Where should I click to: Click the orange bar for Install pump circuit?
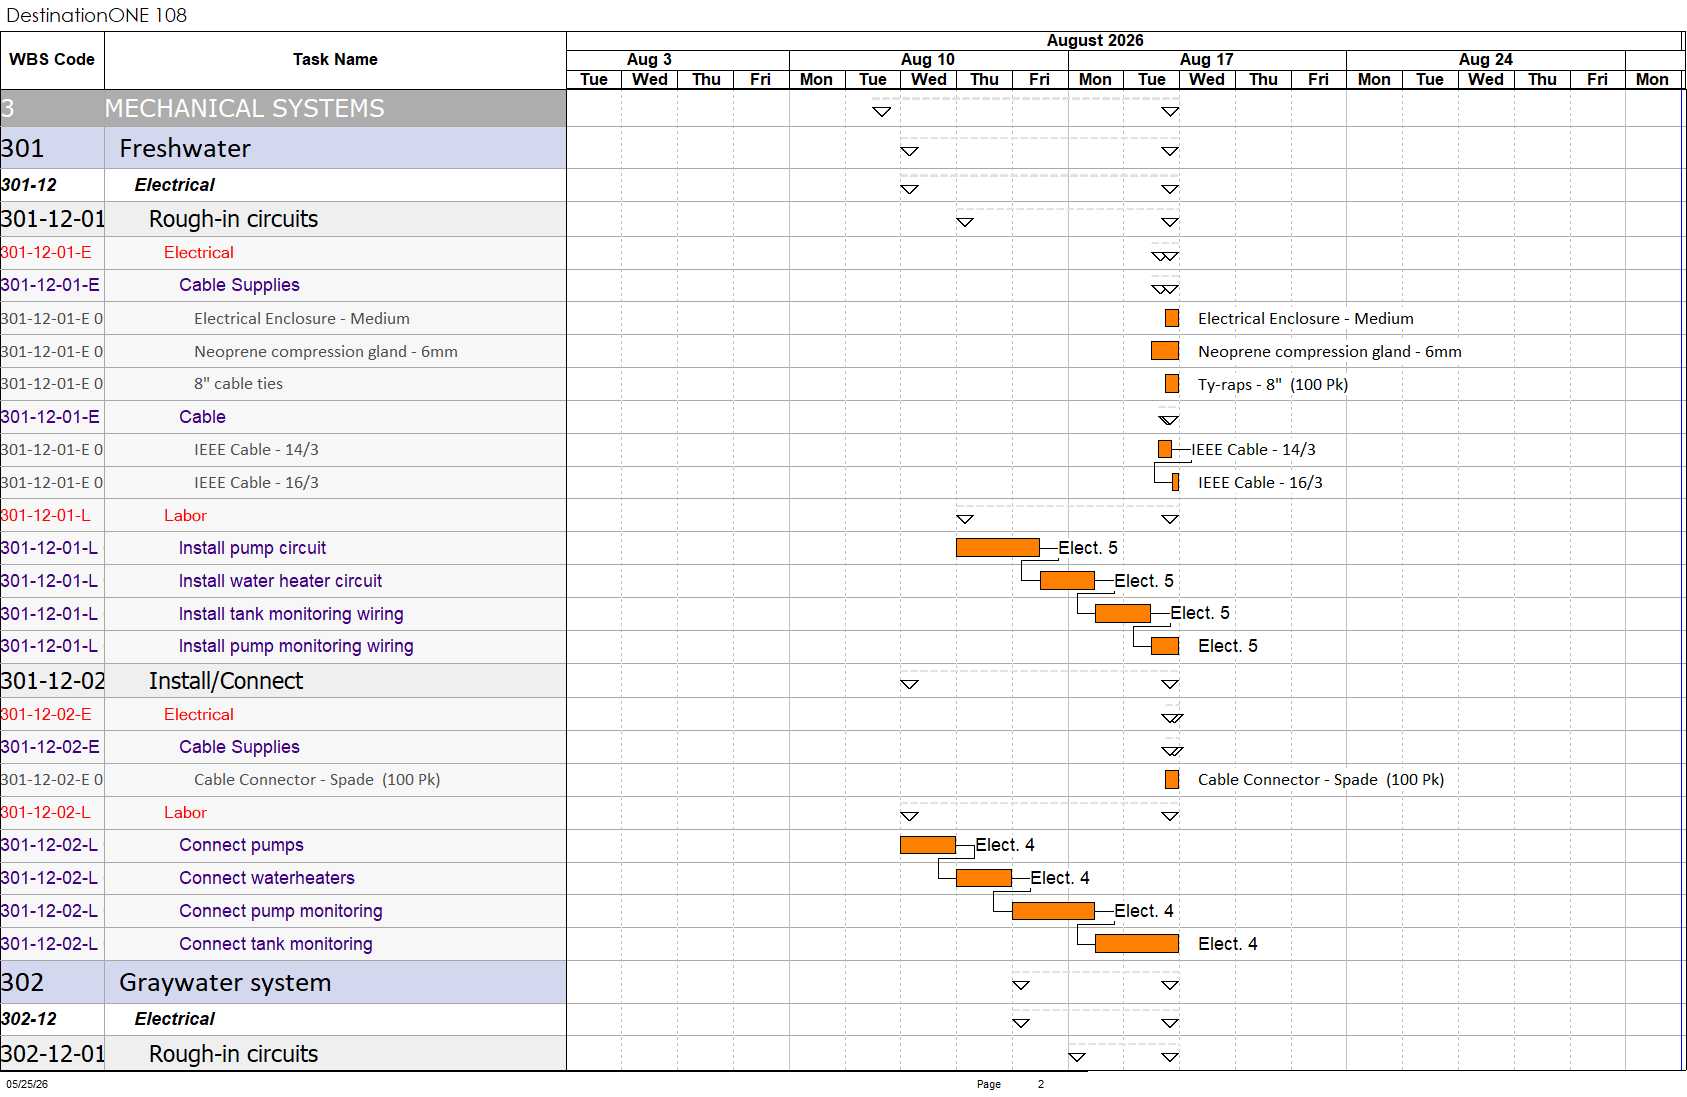coord(997,547)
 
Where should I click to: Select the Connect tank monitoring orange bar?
coord(1136,943)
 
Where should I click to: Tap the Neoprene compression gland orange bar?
coord(1164,351)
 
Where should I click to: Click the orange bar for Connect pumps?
coord(927,845)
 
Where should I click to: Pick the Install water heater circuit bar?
coord(1067,580)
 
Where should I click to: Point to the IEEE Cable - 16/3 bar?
coord(1176,482)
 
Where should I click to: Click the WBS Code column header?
coord(52,59)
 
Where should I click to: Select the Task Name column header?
coord(335,59)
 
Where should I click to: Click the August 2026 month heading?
coord(1095,41)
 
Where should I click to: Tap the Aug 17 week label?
coord(1207,59)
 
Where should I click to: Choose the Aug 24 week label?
coord(1485,59)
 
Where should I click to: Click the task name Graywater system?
coord(225,983)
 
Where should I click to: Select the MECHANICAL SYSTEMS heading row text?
coord(244,108)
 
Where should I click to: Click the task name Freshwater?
coord(185,148)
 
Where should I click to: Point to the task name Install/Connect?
coord(226,681)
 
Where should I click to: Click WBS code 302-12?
coord(29,1019)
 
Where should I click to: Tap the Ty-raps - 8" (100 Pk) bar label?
coord(1273,384)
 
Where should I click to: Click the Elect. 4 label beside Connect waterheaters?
coord(1060,878)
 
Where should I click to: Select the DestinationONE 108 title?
coord(96,15)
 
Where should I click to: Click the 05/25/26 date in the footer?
coord(27,1084)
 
